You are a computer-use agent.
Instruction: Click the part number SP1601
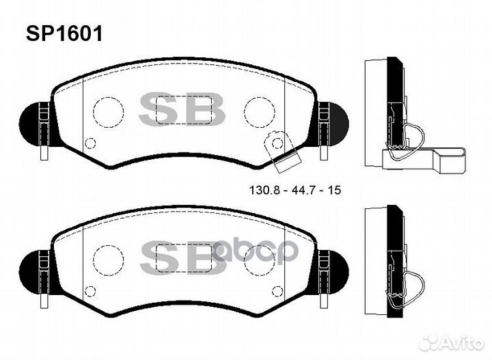click(x=64, y=33)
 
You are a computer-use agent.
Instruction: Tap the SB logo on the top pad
click(x=182, y=109)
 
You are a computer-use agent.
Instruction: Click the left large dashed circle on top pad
click(x=108, y=112)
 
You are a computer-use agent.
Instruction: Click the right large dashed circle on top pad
click(x=259, y=112)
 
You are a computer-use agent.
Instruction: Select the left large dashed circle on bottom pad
click(x=108, y=260)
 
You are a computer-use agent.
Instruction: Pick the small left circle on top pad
click(x=90, y=143)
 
